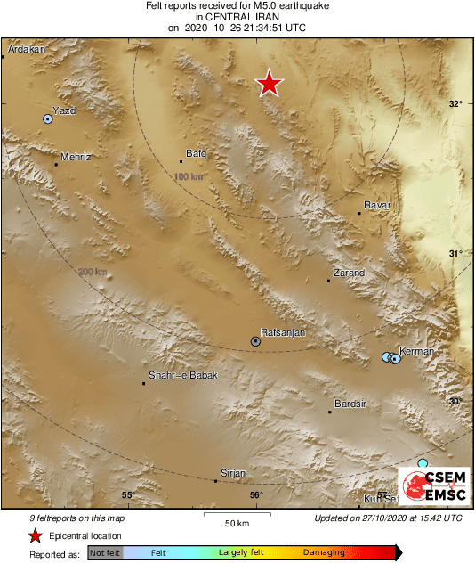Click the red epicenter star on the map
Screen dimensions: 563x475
[269, 84]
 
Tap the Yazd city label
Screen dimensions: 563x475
[64, 110]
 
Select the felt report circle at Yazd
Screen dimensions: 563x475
[48, 118]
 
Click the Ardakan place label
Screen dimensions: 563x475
[26, 50]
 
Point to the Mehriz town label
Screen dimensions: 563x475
[76, 157]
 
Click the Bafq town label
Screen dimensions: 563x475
[196, 153]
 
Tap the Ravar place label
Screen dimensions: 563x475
[378, 206]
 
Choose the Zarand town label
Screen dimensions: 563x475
[349, 273]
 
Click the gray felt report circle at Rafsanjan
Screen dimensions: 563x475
[256, 341]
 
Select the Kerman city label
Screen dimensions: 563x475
[417, 351]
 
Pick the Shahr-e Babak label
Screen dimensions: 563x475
[182, 375]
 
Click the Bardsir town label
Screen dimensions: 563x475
[350, 404]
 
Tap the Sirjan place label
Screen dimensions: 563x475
[232, 473]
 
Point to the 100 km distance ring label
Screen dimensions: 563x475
[189, 177]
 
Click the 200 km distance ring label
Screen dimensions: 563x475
[92, 273]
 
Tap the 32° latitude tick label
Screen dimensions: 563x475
[455, 104]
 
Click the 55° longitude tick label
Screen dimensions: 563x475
[128, 495]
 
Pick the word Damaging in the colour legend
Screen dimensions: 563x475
[324, 552]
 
